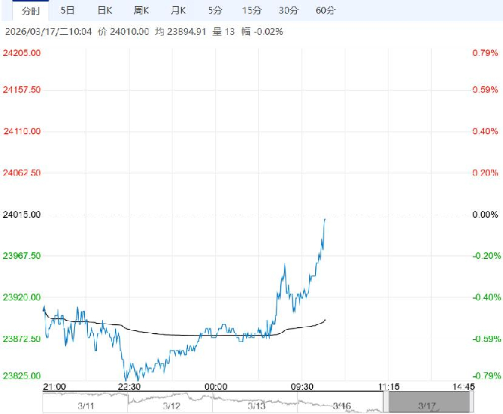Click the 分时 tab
coord(30,11)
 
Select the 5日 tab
coord(67,11)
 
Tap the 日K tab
coord(105,11)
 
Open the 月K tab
coord(180,11)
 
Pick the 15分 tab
coord(252,11)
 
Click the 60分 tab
coord(325,11)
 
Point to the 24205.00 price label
coord(22,53)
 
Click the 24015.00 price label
coord(22,215)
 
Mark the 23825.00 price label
coord(22,375)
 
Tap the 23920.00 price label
coord(22,297)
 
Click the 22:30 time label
coord(130,386)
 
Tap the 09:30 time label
coord(303,386)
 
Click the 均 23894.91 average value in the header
coord(159,32)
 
